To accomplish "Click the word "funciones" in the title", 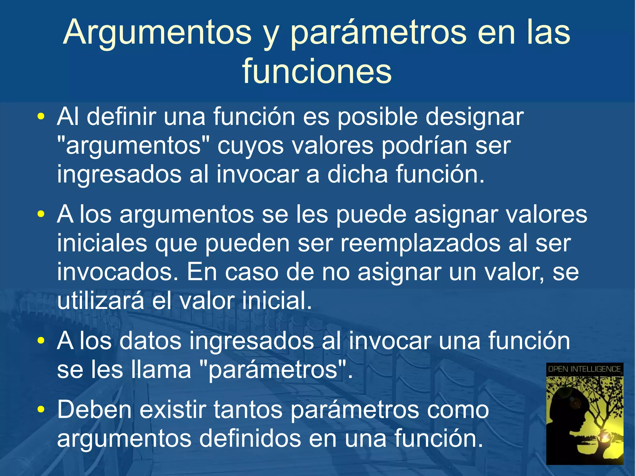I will click(317, 71).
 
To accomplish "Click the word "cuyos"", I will click(250, 146).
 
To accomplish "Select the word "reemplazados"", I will click(420, 243).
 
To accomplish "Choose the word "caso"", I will click(251, 272).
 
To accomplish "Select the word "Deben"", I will click(95, 409).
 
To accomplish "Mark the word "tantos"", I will click(248, 409).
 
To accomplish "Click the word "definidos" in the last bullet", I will click(250, 438).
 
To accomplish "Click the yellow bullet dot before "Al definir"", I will click(41, 117).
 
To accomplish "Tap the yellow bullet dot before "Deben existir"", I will click(41, 410).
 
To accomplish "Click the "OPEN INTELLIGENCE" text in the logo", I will click(584, 369).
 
